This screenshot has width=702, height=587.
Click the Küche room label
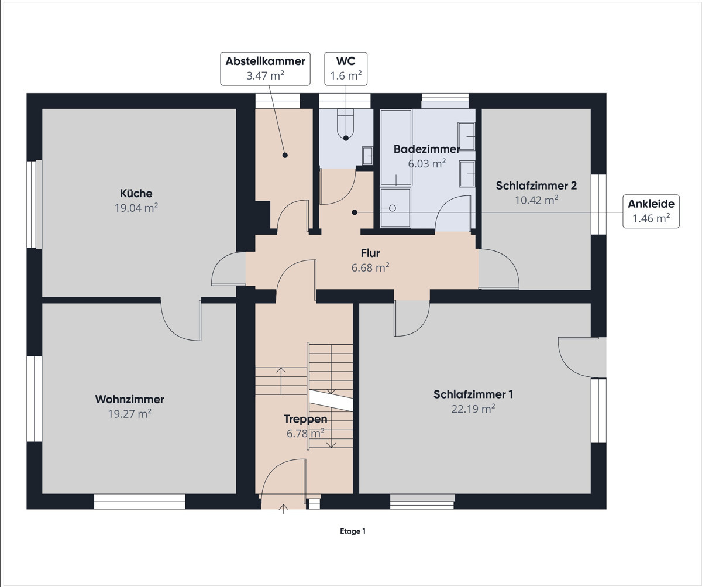click(x=136, y=193)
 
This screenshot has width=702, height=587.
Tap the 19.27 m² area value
click(x=129, y=413)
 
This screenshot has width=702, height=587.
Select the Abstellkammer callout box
click(x=265, y=68)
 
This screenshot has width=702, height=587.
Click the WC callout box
click(x=346, y=68)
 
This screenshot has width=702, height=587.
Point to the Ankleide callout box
click(x=651, y=211)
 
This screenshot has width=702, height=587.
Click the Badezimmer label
click(x=426, y=149)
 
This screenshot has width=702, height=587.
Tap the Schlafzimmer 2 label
click(x=536, y=186)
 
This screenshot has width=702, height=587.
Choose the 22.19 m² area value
click(x=473, y=409)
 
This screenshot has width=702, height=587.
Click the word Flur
click(x=370, y=253)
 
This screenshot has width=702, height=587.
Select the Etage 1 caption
click(x=352, y=531)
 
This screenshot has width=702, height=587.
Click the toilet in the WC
click(x=346, y=124)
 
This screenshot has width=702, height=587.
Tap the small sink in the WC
click(x=367, y=156)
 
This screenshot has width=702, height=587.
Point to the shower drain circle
click(x=393, y=208)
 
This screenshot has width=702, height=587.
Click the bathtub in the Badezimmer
click(x=396, y=147)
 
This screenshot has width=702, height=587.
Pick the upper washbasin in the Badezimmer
click(x=467, y=136)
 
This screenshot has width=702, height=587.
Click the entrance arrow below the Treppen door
click(x=284, y=509)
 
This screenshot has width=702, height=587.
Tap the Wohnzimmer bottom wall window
click(x=140, y=501)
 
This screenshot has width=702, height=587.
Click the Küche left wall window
click(x=35, y=204)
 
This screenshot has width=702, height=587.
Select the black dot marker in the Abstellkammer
click(x=285, y=155)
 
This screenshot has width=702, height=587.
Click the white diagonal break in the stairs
click(x=331, y=401)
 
